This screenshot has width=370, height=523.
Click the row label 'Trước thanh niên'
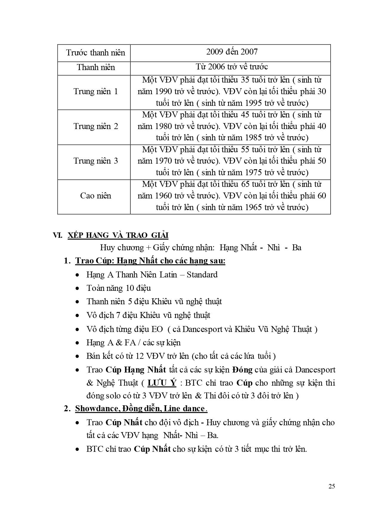tap(95, 53)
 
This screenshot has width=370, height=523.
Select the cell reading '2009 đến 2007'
tap(232, 52)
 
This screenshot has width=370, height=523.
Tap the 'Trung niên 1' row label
tap(95, 91)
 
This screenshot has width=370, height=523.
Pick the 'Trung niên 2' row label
tap(95, 126)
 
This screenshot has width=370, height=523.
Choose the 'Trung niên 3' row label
tap(95, 161)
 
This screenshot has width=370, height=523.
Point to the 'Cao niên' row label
tap(95, 196)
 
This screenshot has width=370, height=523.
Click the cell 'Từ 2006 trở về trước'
tap(232, 67)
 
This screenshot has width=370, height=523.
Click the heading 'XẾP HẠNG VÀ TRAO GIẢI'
tap(118, 235)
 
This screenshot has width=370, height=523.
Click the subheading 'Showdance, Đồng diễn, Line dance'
tap(140, 408)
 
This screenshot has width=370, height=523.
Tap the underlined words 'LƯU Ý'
tap(162, 383)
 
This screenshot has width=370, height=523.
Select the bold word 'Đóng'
tap(242, 370)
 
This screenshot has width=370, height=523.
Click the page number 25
tap(332, 486)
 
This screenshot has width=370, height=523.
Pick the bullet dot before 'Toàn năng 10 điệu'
tap(78, 288)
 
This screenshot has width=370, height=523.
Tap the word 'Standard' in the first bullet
tap(202, 274)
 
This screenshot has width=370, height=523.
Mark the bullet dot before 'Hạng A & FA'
tap(78, 343)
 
